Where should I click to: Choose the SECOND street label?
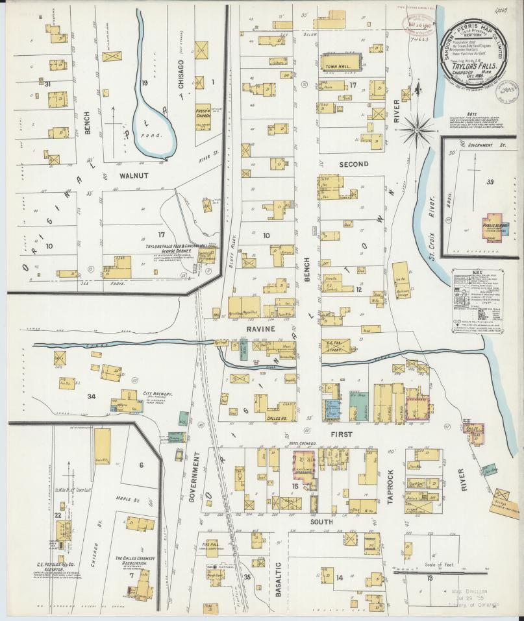point(353,164)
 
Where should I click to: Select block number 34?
point(92,396)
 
